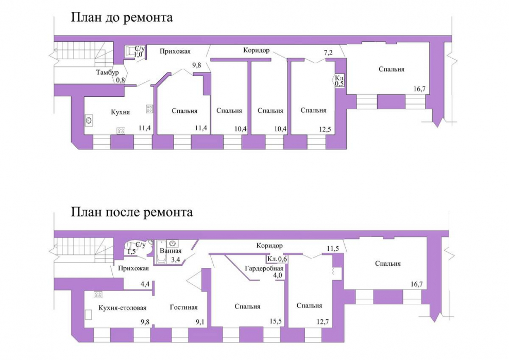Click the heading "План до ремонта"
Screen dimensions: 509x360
pos(122,17)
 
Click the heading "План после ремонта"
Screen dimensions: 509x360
pos(132,212)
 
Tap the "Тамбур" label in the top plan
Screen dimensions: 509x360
pos(107,72)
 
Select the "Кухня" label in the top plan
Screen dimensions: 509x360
pos(121,112)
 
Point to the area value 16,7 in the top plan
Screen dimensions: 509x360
pos(419,89)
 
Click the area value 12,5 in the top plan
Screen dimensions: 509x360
pos(325,129)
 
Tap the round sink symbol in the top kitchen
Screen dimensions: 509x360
pos(89,121)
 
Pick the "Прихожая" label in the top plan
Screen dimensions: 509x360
pos(175,51)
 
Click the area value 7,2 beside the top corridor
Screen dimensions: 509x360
pos(328,52)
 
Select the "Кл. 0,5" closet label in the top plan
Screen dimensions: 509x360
pos(340,80)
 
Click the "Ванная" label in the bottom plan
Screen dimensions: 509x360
pos(171,251)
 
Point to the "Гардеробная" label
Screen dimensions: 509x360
pos(264,268)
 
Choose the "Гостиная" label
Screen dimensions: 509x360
pos(184,307)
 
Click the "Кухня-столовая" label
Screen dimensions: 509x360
pos(123,308)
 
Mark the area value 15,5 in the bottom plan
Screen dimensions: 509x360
pos(275,322)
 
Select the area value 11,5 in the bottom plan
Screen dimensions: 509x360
pos(333,249)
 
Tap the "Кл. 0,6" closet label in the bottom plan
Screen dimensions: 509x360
pos(277,260)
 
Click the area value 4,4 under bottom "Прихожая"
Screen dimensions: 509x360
pos(145,284)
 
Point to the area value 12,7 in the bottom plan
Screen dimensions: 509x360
pos(323,322)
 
